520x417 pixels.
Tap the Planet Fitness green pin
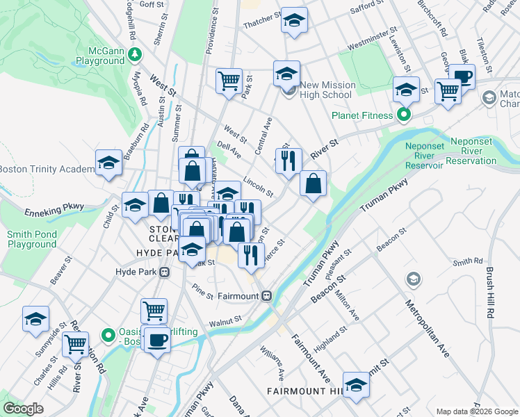point(402,115)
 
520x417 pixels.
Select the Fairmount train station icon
point(266,296)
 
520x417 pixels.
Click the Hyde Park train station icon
point(165,272)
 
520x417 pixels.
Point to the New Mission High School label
point(327,90)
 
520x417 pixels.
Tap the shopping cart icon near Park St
point(228,81)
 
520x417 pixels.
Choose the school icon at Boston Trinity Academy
point(108,163)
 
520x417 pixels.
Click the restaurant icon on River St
point(288,161)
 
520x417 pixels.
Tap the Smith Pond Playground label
point(32,239)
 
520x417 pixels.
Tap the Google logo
point(24,409)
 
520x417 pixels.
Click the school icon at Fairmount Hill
point(356,384)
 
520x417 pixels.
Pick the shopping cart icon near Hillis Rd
point(76,343)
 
